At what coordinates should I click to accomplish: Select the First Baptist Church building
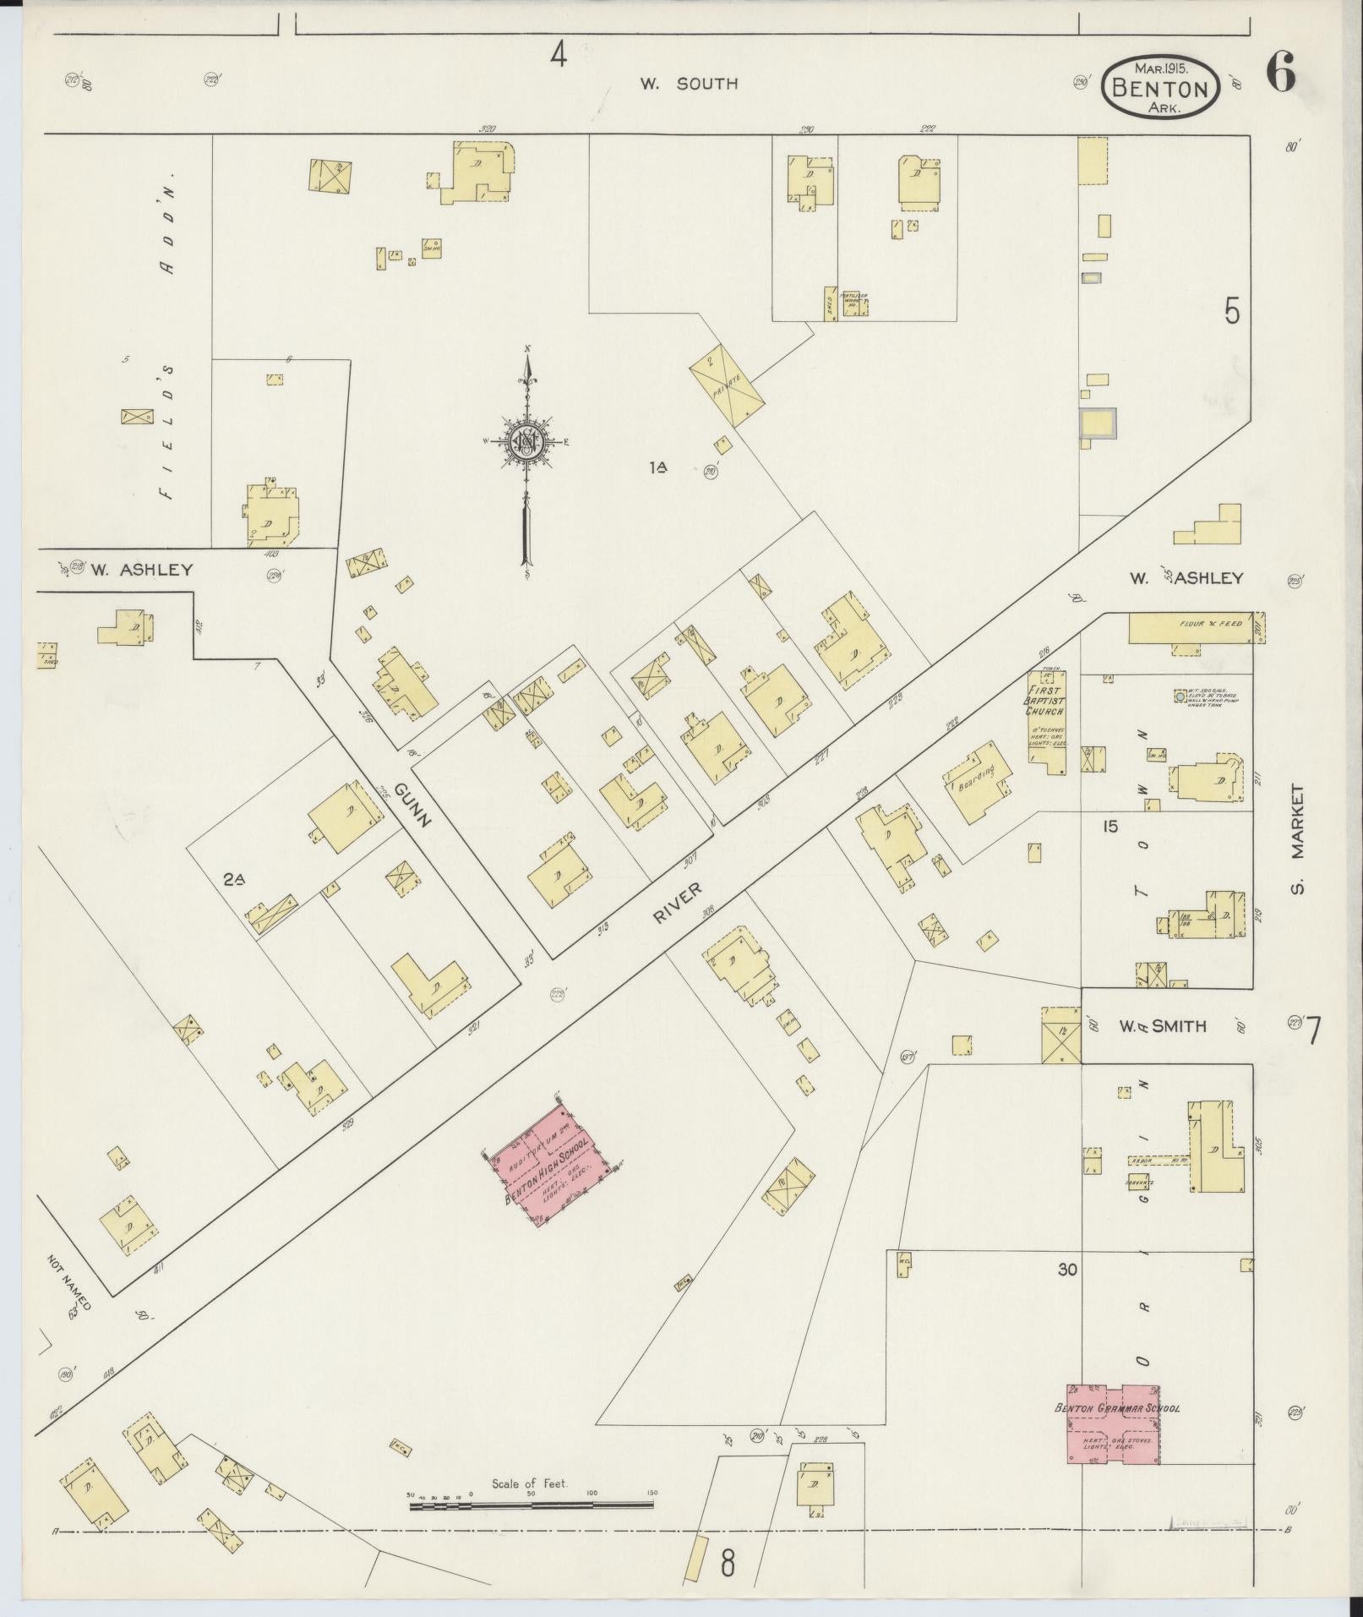[1046, 721]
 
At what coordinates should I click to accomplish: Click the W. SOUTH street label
[688, 84]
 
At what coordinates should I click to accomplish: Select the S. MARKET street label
[1299, 839]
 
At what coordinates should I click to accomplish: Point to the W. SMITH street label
[1162, 1027]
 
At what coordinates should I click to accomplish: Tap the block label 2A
[234, 880]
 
